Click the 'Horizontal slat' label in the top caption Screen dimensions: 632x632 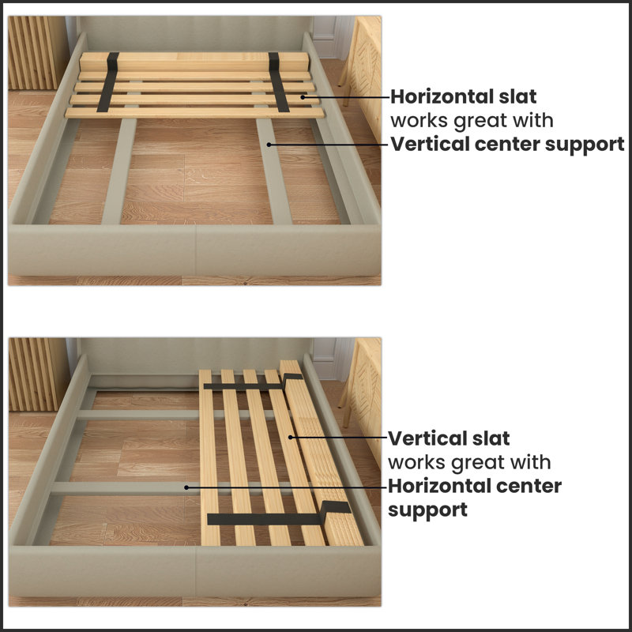point(463,97)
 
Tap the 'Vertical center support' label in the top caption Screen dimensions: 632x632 point(506,145)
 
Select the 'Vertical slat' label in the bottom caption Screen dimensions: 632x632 point(449,438)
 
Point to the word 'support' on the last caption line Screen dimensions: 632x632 point(427,510)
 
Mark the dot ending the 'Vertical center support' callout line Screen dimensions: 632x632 point(270,145)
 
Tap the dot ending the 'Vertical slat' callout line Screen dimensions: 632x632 point(290,437)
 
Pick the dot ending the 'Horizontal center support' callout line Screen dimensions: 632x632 point(186,487)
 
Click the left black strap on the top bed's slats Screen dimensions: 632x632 point(112,82)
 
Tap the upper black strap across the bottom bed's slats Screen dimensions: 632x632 point(245,386)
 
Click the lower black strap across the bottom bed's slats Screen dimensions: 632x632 point(269,518)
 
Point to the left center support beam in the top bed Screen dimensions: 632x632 point(118,170)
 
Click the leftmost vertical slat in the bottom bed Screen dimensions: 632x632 point(209,458)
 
